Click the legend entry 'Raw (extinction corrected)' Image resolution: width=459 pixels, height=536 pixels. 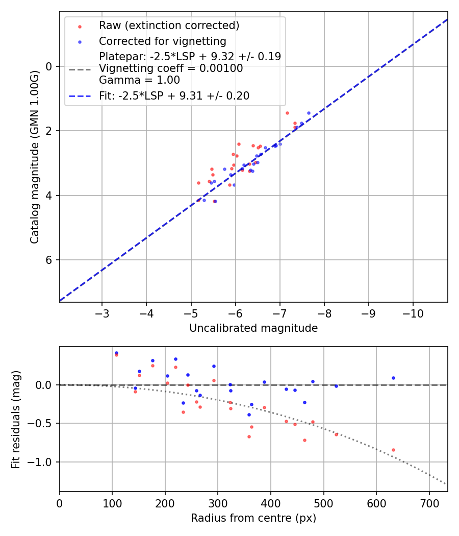[x=169, y=26]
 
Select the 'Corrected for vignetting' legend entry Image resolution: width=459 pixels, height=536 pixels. [x=162, y=41]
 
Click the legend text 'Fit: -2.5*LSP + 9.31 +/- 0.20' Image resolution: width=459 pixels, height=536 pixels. [x=174, y=96]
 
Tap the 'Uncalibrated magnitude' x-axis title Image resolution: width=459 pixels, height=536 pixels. [x=253, y=328]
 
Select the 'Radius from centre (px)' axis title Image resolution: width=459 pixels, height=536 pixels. [x=253, y=518]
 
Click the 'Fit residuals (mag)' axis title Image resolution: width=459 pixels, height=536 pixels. [x=16, y=419]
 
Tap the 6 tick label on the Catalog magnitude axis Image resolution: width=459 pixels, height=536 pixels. [x=49, y=260]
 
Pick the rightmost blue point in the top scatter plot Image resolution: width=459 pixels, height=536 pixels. [x=309, y=113]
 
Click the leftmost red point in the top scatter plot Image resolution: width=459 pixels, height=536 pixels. [x=198, y=183]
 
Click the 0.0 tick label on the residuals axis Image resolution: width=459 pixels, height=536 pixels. [x=46, y=385]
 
